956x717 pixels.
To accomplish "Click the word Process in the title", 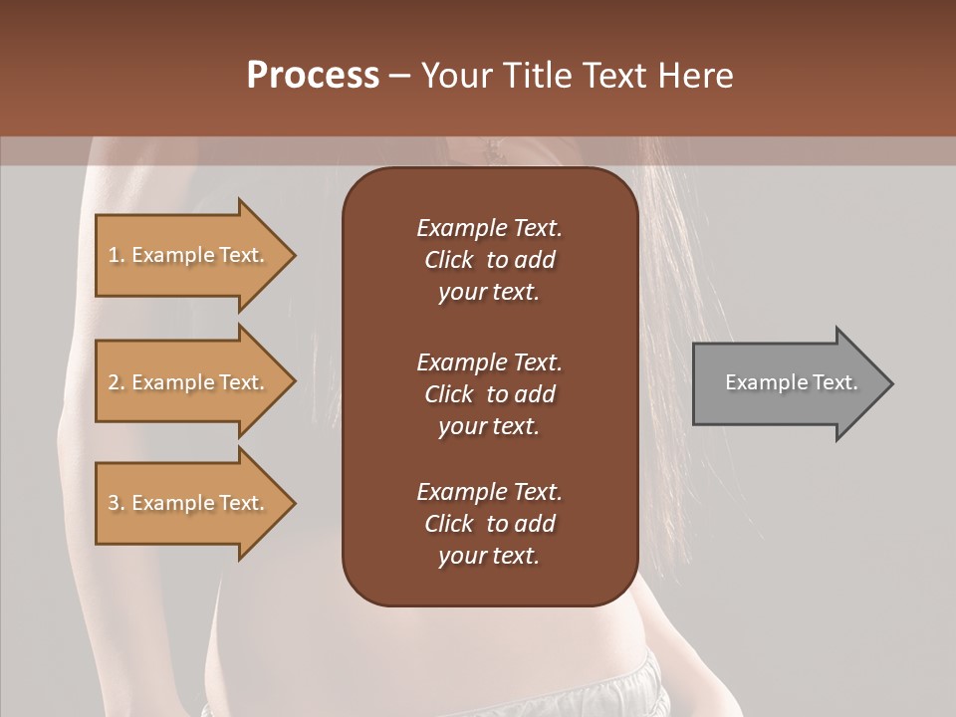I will tap(313, 76).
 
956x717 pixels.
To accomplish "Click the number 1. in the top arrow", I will tap(117, 256).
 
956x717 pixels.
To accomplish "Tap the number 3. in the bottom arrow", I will tap(117, 504).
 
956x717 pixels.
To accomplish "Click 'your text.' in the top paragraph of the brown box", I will tap(488, 293).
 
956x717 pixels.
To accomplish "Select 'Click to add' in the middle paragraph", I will tap(489, 394).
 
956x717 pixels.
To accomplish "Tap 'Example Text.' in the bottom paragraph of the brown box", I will tap(489, 492).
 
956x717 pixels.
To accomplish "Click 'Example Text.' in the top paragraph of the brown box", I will tap(489, 228).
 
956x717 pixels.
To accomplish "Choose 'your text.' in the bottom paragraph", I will tap(488, 557).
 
